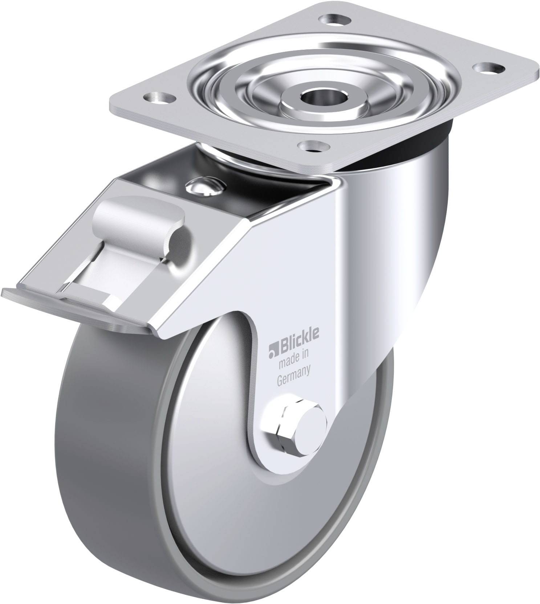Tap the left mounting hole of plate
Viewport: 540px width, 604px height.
coord(158,96)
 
